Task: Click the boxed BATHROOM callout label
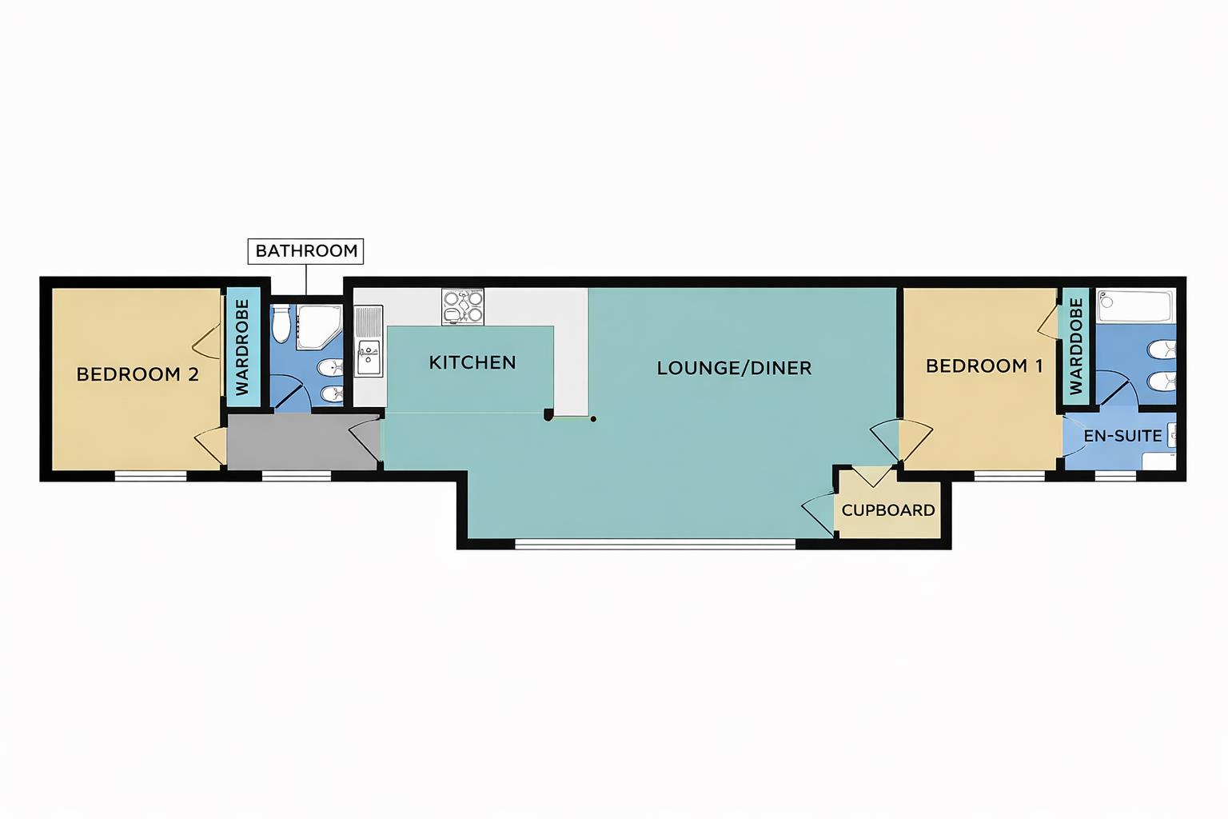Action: tap(306, 251)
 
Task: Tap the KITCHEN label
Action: tap(472, 362)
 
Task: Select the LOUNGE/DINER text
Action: tap(734, 368)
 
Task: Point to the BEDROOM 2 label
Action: tap(138, 374)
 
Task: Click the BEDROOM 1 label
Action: tap(983, 366)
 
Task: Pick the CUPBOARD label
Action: tap(887, 510)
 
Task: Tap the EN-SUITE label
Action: tap(1122, 436)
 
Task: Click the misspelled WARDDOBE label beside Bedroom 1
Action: tap(1075, 346)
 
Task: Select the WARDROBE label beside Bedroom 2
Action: tap(243, 346)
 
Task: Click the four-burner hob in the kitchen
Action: tap(463, 307)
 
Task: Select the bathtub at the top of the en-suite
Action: tap(1134, 306)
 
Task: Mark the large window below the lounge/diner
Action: tap(656, 545)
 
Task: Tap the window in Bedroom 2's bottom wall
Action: tap(150, 477)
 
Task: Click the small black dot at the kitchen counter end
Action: tap(593, 418)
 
